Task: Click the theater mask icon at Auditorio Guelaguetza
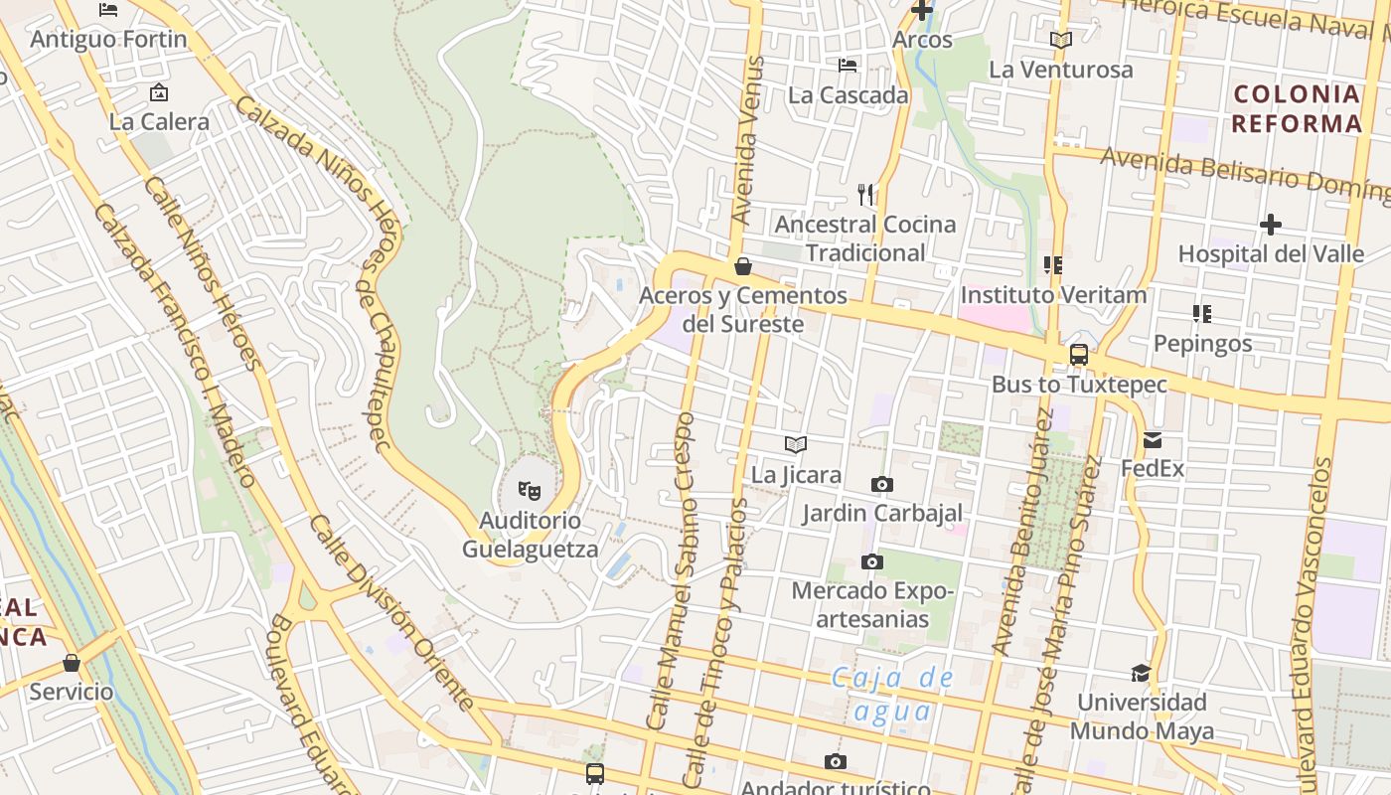[529, 490]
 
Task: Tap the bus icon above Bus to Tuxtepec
[1078, 355]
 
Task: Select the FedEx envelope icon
[1153, 439]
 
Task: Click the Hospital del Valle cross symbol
[1270, 225]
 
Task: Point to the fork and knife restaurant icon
[866, 194]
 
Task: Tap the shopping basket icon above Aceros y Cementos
[742, 266]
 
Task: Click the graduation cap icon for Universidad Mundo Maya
[1141, 673]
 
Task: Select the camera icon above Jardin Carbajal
[881, 485]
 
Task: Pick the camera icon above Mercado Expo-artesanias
[871, 562]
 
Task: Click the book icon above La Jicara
[796, 444]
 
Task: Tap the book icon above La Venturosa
[1061, 41]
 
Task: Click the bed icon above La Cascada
[848, 66]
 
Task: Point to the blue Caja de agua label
[892, 694]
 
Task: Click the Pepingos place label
[1202, 344]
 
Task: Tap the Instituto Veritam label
[1053, 295]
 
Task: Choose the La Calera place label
[159, 122]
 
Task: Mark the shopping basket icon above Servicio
[71, 663]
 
